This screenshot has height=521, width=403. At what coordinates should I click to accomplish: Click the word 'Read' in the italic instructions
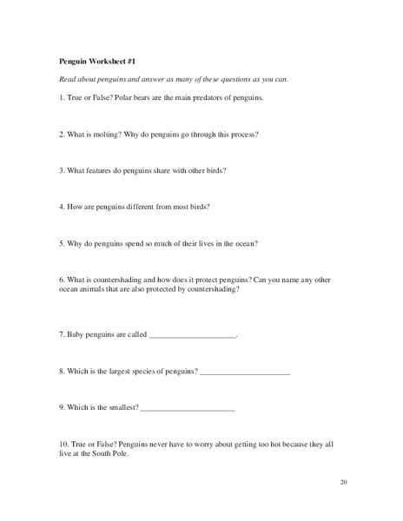(x=68, y=80)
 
